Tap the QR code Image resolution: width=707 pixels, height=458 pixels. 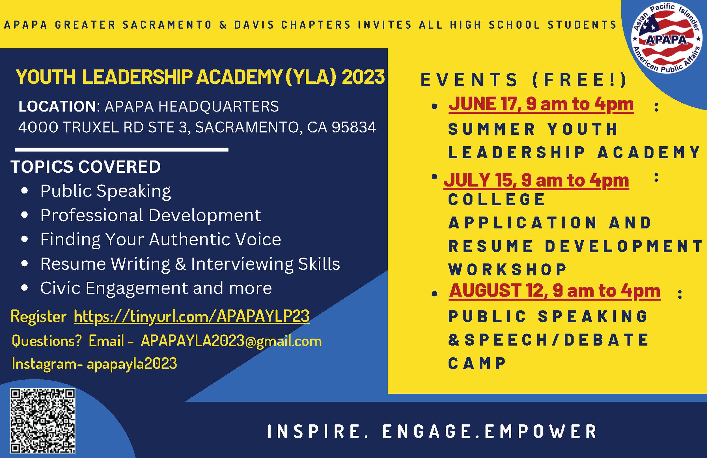tap(42, 421)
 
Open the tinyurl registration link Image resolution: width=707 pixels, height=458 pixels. tap(192, 316)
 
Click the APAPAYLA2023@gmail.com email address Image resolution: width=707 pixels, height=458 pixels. tap(231, 341)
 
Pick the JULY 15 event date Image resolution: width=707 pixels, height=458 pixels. tap(536, 180)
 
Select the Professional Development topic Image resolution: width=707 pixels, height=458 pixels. tap(151, 215)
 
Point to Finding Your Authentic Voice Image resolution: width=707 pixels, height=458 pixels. tap(161, 239)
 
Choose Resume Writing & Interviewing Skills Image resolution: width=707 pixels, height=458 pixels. tap(190, 264)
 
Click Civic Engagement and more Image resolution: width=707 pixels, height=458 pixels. tap(156, 288)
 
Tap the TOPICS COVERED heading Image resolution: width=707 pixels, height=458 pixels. tap(86, 166)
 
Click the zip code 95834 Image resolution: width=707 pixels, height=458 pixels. tap(354, 127)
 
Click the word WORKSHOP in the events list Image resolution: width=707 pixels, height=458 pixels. tap(507, 269)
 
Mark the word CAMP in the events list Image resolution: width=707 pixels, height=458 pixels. tap(477, 363)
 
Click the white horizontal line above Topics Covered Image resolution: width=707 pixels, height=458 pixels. tap(122, 149)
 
